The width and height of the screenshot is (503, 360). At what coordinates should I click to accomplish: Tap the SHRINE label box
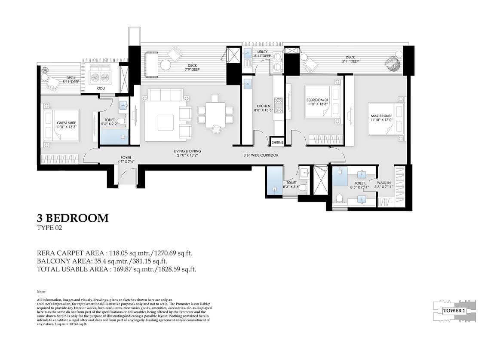[x=277, y=142]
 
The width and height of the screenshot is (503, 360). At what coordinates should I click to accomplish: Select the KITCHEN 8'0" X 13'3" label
[x=264, y=108]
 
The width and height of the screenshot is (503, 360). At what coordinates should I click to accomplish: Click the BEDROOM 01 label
[x=317, y=101]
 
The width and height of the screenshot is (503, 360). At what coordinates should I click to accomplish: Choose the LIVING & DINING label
[x=187, y=153]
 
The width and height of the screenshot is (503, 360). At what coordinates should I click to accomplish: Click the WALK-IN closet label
[x=384, y=184]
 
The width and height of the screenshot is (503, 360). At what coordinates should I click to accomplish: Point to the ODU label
[x=101, y=88]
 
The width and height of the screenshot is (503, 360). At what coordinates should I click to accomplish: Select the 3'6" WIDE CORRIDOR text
[x=261, y=155]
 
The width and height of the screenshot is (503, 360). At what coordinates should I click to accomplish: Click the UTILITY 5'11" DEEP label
[x=262, y=54]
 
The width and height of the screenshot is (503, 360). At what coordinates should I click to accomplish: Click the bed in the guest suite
[x=61, y=125]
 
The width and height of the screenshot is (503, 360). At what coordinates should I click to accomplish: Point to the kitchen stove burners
[x=279, y=106]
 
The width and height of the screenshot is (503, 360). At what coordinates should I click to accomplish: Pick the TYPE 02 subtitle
[x=50, y=229]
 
